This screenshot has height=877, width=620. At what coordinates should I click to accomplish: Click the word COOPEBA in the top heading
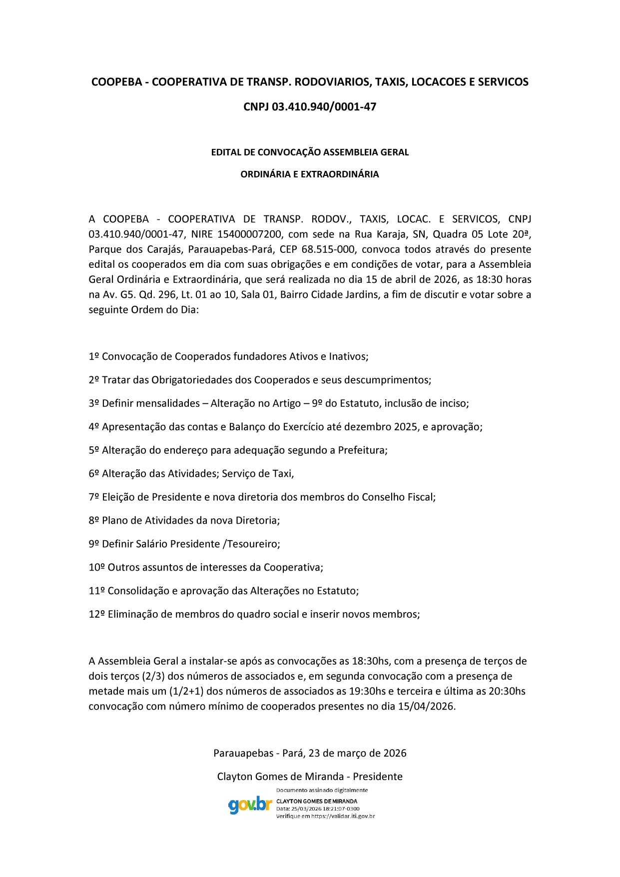(x=117, y=82)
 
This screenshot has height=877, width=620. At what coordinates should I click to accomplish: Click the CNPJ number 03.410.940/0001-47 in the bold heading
(x=324, y=107)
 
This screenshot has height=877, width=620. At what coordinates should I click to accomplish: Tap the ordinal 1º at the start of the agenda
(x=94, y=357)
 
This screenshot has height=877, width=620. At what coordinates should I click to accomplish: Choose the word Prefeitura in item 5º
(x=362, y=450)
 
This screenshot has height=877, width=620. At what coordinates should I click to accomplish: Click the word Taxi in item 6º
(x=282, y=474)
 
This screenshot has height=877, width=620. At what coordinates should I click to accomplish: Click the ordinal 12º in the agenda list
(x=96, y=615)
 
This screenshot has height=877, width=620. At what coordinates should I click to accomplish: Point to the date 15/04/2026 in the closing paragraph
(x=426, y=707)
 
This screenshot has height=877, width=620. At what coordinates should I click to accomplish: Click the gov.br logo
(x=250, y=805)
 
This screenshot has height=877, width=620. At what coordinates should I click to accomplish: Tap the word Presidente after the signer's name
(x=378, y=777)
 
